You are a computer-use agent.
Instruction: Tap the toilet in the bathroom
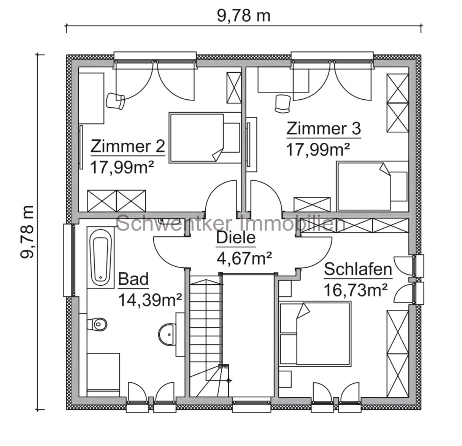click(98, 325)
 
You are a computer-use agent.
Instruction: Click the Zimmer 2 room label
click(128, 146)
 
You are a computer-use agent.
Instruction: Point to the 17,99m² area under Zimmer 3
click(318, 150)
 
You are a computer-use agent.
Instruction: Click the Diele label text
click(236, 239)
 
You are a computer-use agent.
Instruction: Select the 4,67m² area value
click(244, 259)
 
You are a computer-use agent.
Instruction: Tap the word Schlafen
click(357, 270)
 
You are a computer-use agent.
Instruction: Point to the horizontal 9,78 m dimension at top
click(243, 16)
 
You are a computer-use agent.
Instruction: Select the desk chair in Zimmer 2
click(115, 101)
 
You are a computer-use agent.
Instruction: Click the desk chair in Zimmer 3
click(282, 104)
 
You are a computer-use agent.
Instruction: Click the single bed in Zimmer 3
click(372, 186)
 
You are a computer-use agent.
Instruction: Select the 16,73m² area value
click(355, 291)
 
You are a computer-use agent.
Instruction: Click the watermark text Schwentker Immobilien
click(231, 223)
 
